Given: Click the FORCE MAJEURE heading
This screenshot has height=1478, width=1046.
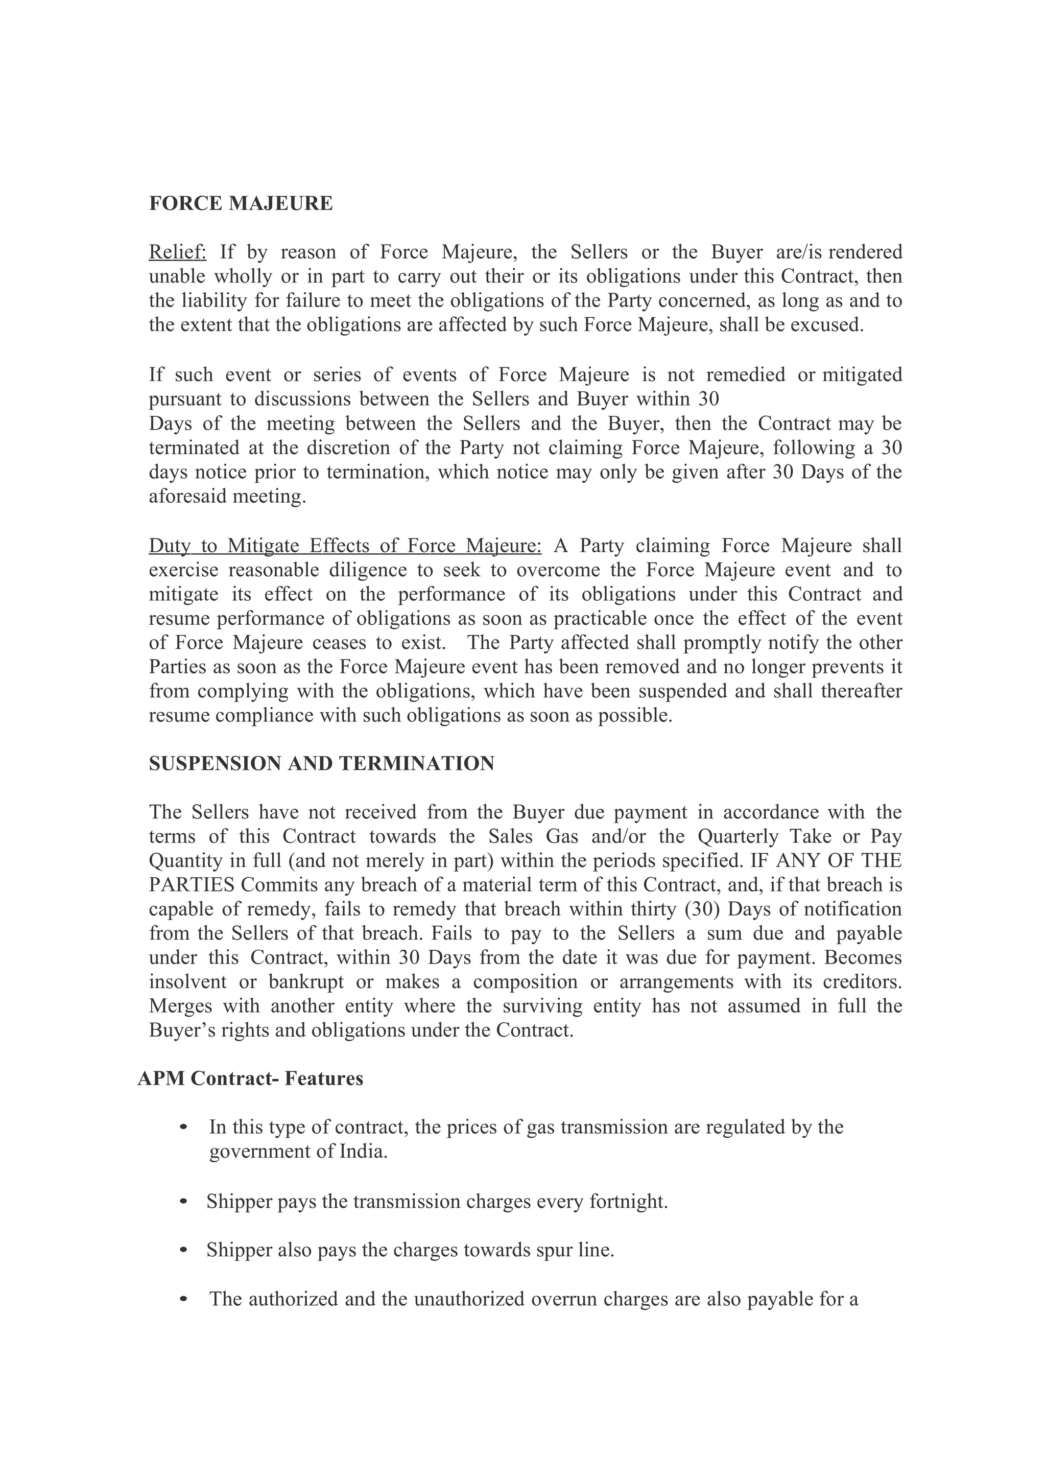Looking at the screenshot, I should (x=241, y=204).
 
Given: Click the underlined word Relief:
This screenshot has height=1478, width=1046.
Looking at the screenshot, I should (x=177, y=252).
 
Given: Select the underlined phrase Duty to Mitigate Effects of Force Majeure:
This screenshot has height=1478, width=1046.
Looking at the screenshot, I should (x=345, y=546).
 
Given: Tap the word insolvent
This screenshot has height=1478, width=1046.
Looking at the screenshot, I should (x=187, y=982).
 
